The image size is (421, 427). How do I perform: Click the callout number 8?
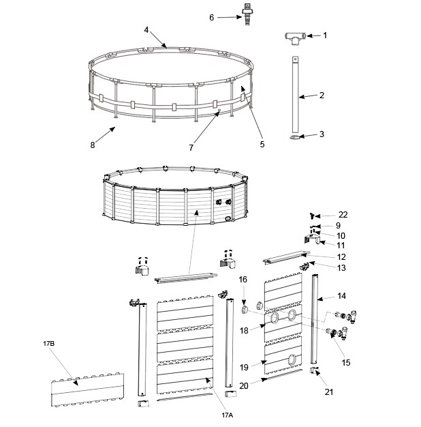pyautogui.click(x=93, y=145)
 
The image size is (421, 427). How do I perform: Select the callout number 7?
pyautogui.click(x=191, y=147)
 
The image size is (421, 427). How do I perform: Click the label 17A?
pyautogui.click(x=227, y=414)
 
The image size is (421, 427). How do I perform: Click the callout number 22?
pyautogui.click(x=343, y=215)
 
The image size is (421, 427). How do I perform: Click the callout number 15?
pyautogui.click(x=346, y=363)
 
